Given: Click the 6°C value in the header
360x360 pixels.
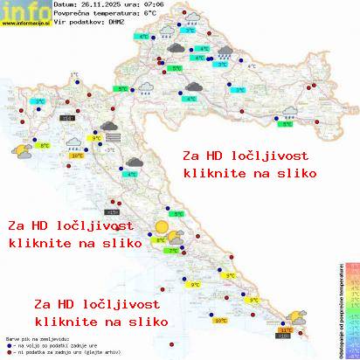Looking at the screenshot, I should (150, 14).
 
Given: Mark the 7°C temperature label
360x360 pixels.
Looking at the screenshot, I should (172, 251).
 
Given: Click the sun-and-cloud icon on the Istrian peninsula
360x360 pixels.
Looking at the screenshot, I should (19, 150).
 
